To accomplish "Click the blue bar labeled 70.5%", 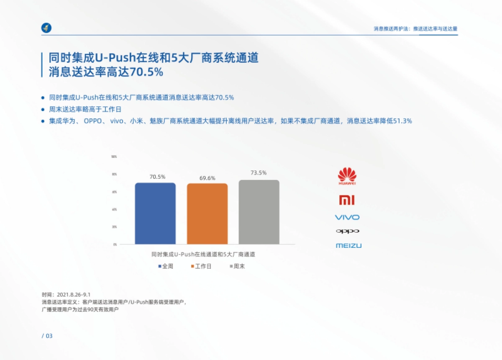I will [x=155, y=213].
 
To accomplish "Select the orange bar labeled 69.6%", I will [x=207, y=214].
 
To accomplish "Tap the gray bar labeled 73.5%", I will [x=259, y=212].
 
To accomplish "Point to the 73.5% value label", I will [x=259, y=173].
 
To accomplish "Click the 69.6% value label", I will [x=207, y=178].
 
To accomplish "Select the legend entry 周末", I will [x=237, y=266].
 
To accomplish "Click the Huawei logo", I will [x=347, y=176].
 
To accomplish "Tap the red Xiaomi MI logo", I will [x=347, y=200].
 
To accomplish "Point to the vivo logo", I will [x=347, y=217].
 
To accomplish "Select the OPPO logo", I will [x=347, y=231].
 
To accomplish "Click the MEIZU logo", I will [x=348, y=246].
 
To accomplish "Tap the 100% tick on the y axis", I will [x=114, y=157].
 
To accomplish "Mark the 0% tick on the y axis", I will [x=115, y=244].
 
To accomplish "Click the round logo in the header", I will [x=46, y=28].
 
